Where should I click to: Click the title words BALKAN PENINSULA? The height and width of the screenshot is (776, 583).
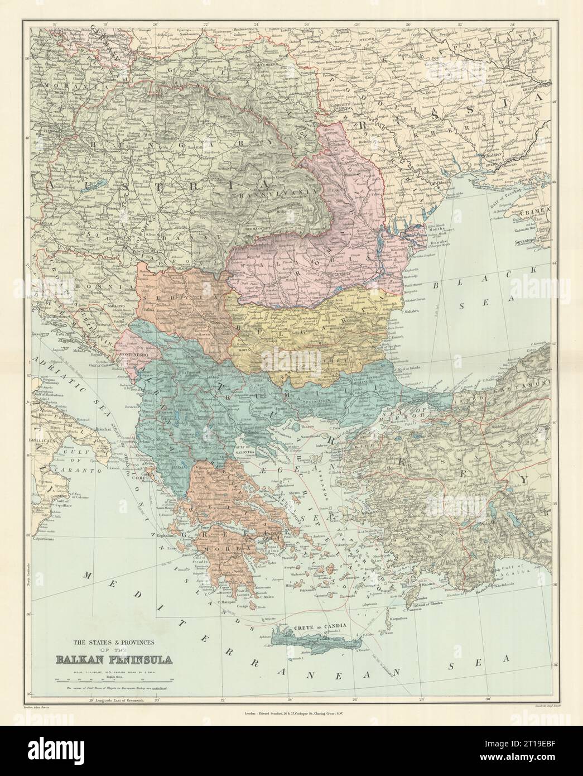[x=114, y=659]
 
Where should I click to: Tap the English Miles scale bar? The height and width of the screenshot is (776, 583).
[x=114, y=679]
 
